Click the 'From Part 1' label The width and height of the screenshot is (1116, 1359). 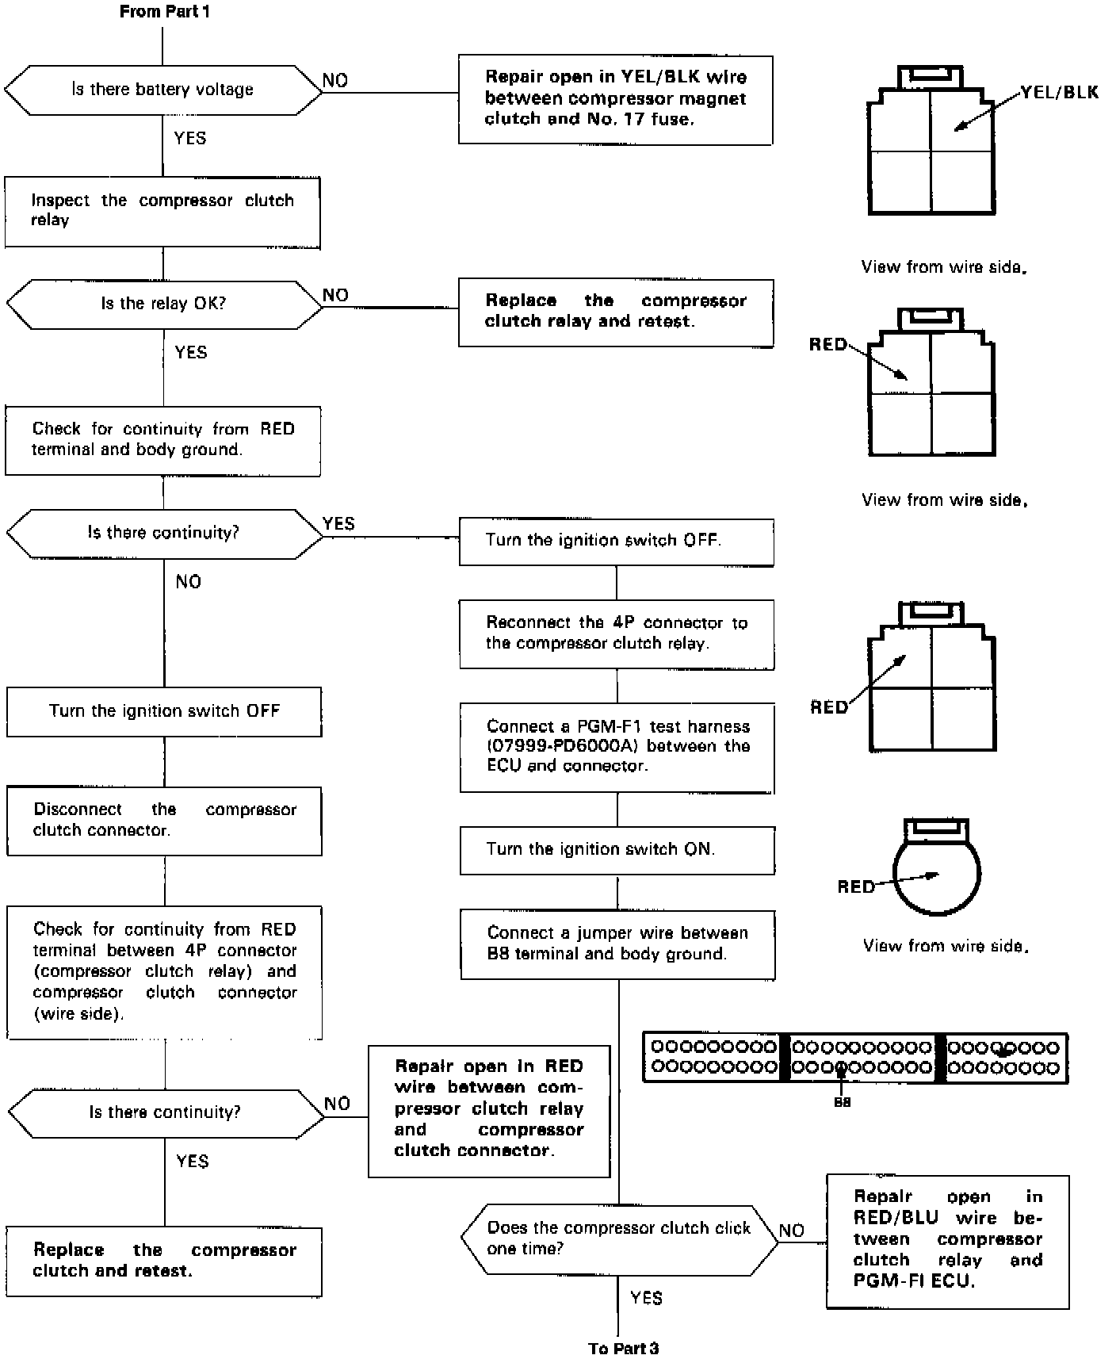coord(165,12)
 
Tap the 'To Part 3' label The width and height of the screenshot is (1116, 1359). coord(623,1348)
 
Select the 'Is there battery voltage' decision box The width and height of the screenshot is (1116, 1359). coord(162,90)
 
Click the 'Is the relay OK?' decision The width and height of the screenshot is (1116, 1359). coord(163,304)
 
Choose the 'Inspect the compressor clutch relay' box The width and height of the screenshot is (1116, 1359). coord(162,211)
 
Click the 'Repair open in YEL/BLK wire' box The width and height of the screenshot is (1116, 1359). coord(615,99)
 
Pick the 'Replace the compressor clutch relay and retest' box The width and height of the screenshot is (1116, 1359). coord(615,312)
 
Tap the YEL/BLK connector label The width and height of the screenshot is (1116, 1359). coord(1059,92)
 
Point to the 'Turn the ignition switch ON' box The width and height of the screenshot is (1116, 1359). coord(617,849)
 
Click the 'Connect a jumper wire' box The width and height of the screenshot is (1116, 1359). coord(617,944)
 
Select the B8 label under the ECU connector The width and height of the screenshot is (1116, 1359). coord(842,1102)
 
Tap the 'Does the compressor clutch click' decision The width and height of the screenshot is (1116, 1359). coord(619,1238)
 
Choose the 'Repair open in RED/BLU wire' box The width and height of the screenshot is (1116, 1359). coord(947,1239)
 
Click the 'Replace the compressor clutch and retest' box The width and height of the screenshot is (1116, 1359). coord(164,1260)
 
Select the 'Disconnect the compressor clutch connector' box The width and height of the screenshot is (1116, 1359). coord(164,820)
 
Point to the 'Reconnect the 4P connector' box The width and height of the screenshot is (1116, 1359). coord(617,633)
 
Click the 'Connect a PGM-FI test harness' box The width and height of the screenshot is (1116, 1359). coord(617,746)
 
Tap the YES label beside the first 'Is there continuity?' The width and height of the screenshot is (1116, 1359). coord(338,523)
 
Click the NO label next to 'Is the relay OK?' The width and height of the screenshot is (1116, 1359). coord(335,295)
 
